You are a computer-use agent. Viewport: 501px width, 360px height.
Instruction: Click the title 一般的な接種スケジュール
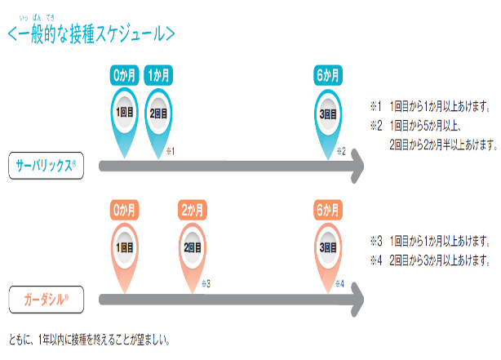(x=91, y=33)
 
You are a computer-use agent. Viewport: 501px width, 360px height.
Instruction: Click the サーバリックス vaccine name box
(x=46, y=166)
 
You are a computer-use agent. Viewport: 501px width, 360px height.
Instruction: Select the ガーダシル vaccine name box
(x=46, y=300)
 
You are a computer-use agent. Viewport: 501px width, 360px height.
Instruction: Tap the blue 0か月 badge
(x=124, y=75)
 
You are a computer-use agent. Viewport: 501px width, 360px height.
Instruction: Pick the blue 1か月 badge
(x=158, y=75)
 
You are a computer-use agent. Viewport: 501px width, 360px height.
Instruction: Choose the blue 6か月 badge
(x=328, y=75)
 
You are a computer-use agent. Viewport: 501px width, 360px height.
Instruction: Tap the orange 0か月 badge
(x=124, y=210)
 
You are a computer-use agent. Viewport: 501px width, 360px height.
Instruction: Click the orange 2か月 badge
(x=193, y=210)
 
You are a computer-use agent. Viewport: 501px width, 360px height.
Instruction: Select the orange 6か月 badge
(x=328, y=210)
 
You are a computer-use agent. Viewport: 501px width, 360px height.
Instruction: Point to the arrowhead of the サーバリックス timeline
(x=357, y=166)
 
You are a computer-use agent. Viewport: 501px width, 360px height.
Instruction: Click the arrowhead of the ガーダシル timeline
(x=357, y=300)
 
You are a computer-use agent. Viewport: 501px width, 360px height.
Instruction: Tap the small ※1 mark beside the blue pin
(x=171, y=151)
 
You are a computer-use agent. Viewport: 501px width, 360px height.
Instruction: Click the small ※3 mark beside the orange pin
(x=206, y=283)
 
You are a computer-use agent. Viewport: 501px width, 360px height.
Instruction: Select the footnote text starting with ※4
(x=430, y=260)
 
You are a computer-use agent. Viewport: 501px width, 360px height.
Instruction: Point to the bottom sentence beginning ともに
(x=90, y=340)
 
